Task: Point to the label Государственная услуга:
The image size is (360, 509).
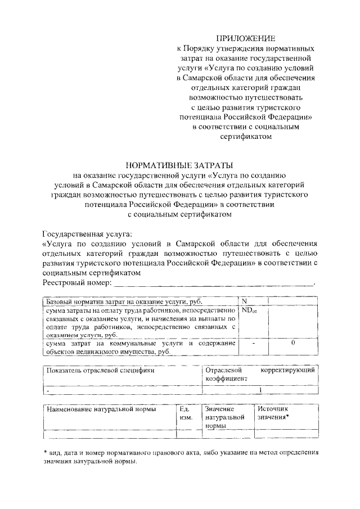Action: point(88,233)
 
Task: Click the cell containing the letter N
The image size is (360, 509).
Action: point(245,301)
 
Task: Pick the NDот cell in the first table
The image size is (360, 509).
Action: point(249,310)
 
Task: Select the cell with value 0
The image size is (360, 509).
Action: point(294,343)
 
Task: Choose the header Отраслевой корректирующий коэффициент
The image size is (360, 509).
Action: point(260,375)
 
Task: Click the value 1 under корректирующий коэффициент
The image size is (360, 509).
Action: point(260,389)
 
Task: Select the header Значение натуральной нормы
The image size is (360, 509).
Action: point(224,418)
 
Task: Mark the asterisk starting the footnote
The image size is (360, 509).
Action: point(46,452)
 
